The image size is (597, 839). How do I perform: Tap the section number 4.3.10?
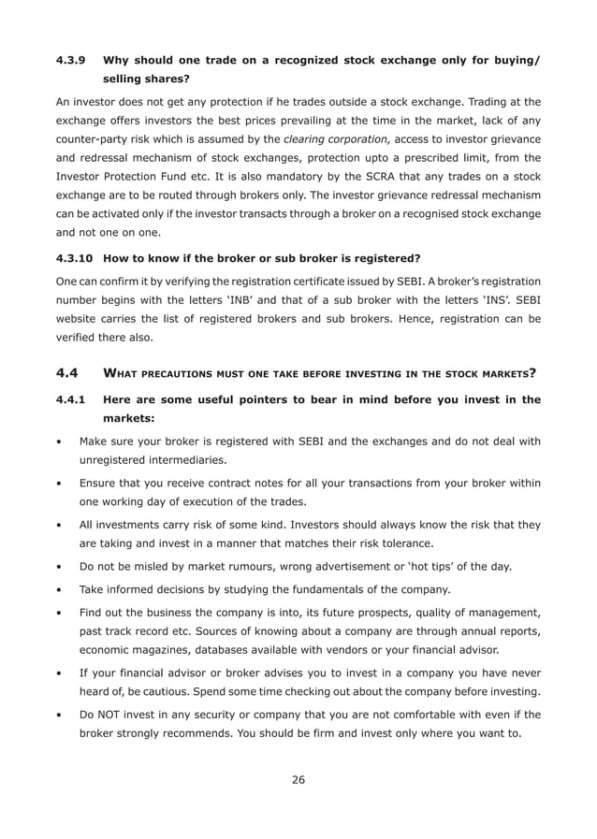75,258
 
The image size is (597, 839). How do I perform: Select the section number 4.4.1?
72,399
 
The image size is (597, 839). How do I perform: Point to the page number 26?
298,779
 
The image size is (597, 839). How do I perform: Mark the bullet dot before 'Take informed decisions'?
60,589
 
